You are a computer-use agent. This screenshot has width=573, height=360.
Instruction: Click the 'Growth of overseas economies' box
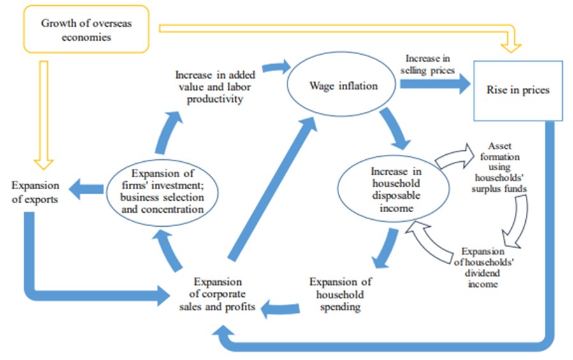pos(76,29)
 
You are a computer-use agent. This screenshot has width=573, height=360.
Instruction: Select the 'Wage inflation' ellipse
pos(335,85)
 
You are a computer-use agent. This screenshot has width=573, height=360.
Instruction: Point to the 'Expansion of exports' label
pos(36,192)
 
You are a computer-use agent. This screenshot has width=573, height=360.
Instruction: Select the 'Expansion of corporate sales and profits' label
pos(218,294)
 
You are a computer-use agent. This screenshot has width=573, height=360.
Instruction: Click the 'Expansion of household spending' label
pos(340,294)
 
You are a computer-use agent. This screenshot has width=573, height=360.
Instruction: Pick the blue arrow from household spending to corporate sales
pos(280,308)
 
